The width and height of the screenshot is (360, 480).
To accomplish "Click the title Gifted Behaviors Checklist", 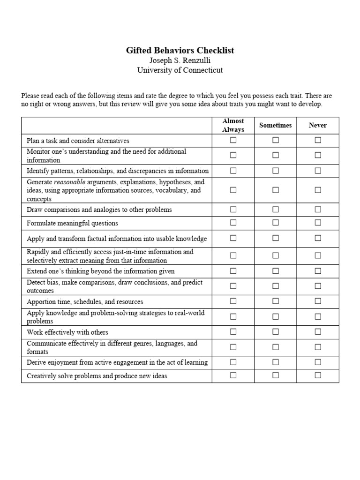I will point(180,50).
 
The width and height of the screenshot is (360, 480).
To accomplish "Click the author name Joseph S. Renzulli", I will point(180,60).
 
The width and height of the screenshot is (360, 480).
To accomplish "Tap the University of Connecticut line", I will point(180,70).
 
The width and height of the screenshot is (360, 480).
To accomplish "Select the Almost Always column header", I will point(233,125).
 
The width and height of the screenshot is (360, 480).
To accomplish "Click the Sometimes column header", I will point(276,125).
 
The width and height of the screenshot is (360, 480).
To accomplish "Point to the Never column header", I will point(318,125).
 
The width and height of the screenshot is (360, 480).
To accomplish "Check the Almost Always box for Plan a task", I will point(233,140).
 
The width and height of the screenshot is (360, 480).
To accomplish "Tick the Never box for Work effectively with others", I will point(318,332).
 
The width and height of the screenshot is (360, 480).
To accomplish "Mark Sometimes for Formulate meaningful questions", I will point(276,223).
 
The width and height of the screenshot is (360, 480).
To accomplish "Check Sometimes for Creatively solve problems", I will point(276,375).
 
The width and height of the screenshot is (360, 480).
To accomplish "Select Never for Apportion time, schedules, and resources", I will point(318,301).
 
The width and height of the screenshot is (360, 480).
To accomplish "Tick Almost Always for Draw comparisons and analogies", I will point(233,209).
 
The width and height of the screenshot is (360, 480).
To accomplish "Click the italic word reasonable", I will point(69,182).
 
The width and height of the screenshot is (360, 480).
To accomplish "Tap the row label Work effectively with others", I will point(67,332).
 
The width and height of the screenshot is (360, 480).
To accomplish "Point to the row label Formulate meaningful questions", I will point(72,223).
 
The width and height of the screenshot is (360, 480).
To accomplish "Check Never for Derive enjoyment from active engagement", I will point(318,362).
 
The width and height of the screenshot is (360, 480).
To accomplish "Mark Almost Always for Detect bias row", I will point(233,286).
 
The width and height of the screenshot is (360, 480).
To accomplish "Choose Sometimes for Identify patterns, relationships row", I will point(276,171).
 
